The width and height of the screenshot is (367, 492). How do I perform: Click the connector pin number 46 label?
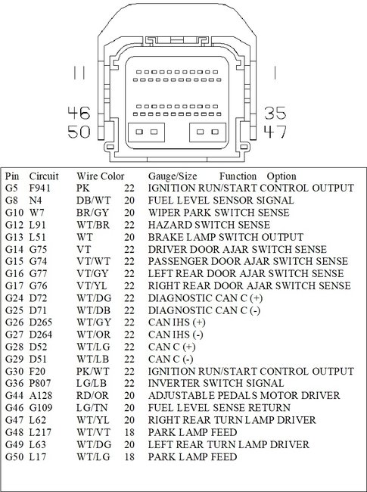79,114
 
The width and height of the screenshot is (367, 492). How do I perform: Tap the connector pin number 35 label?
275,114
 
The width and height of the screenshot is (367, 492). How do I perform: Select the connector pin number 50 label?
79,132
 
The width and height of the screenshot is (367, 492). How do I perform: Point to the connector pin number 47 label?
275,132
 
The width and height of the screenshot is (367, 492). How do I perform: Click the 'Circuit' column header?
43,176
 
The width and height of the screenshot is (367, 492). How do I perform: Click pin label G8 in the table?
11,200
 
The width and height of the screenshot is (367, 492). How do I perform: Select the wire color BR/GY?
89,213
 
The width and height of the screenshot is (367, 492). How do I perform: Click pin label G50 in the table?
13,457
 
